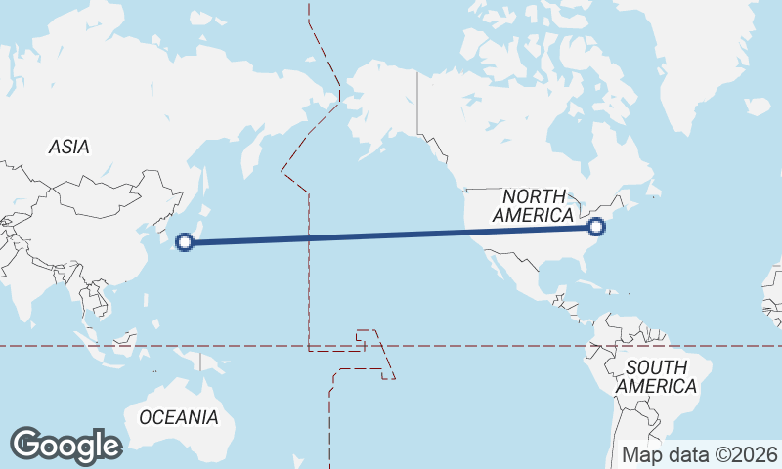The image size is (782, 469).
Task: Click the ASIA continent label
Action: (x=68, y=148)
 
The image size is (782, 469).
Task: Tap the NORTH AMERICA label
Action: (x=534, y=206)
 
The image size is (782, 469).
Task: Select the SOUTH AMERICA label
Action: (x=661, y=377)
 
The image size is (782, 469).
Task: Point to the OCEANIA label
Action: (x=179, y=417)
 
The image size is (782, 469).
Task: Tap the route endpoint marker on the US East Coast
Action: (x=597, y=228)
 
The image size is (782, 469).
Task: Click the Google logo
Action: (x=65, y=446)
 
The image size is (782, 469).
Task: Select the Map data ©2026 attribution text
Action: (x=700, y=455)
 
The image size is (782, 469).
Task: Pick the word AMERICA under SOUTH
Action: (x=661, y=387)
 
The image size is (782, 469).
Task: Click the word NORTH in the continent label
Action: (x=535, y=196)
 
